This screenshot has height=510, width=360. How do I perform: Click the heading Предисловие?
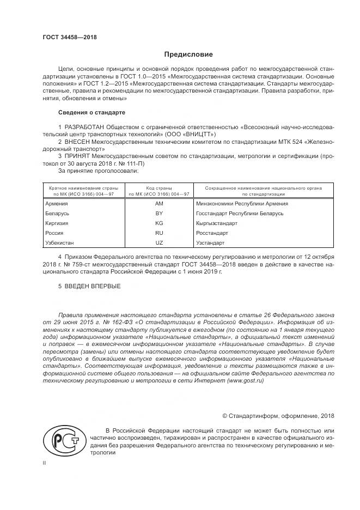[189, 54]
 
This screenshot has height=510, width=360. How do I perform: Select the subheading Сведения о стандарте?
[91, 112]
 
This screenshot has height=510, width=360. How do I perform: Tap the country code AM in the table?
[159, 203]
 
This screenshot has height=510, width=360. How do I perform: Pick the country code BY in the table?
[159, 213]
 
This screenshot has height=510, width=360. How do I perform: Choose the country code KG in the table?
[159, 223]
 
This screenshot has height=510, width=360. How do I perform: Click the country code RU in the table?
[159, 233]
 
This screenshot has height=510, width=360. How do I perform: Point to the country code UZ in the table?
[159, 242]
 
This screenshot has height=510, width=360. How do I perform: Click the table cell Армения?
[58, 203]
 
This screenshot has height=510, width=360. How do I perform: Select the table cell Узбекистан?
[62, 242]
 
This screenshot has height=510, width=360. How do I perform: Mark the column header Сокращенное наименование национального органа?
[263, 187]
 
